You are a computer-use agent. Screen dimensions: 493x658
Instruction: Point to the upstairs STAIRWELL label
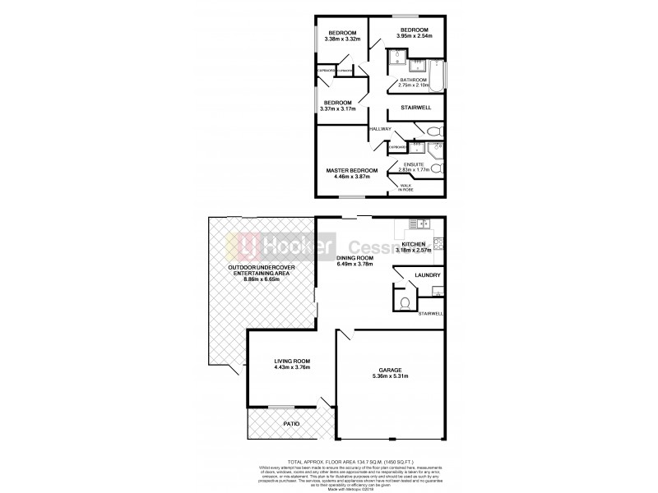click(415, 108)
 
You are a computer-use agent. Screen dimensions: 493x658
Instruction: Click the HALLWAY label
click(379, 130)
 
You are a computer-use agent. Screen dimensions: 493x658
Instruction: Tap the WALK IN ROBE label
click(408, 188)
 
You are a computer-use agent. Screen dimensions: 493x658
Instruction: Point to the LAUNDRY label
click(428, 275)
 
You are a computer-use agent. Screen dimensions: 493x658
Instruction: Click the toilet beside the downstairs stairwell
click(403, 304)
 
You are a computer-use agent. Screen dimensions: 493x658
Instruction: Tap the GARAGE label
click(389, 370)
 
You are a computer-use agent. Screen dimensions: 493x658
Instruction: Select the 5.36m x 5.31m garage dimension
click(389, 380)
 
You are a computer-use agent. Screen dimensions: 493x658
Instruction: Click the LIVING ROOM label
click(291, 362)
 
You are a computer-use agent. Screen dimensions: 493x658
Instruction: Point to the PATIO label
click(291, 423)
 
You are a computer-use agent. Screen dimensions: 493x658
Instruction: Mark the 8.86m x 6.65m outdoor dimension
click(262, 279)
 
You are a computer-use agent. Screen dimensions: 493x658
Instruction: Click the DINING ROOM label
click(355, 258)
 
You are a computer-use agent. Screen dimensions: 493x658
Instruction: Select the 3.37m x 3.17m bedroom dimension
click(338, 108)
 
